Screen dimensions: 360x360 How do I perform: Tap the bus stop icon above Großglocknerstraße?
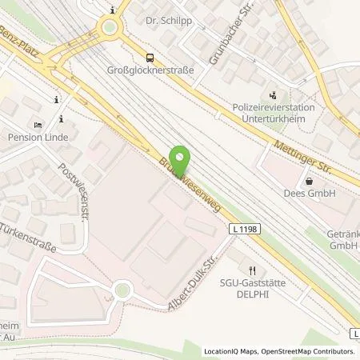click(x=150, y=57)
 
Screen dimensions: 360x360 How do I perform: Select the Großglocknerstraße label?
click(x=150, y=70)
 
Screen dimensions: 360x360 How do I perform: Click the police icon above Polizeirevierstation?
click(x=273, y=94)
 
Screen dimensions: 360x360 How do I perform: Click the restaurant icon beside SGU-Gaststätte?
click(x=252, y=270)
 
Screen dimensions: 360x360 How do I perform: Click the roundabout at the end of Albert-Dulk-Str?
click(x=122, y=290)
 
